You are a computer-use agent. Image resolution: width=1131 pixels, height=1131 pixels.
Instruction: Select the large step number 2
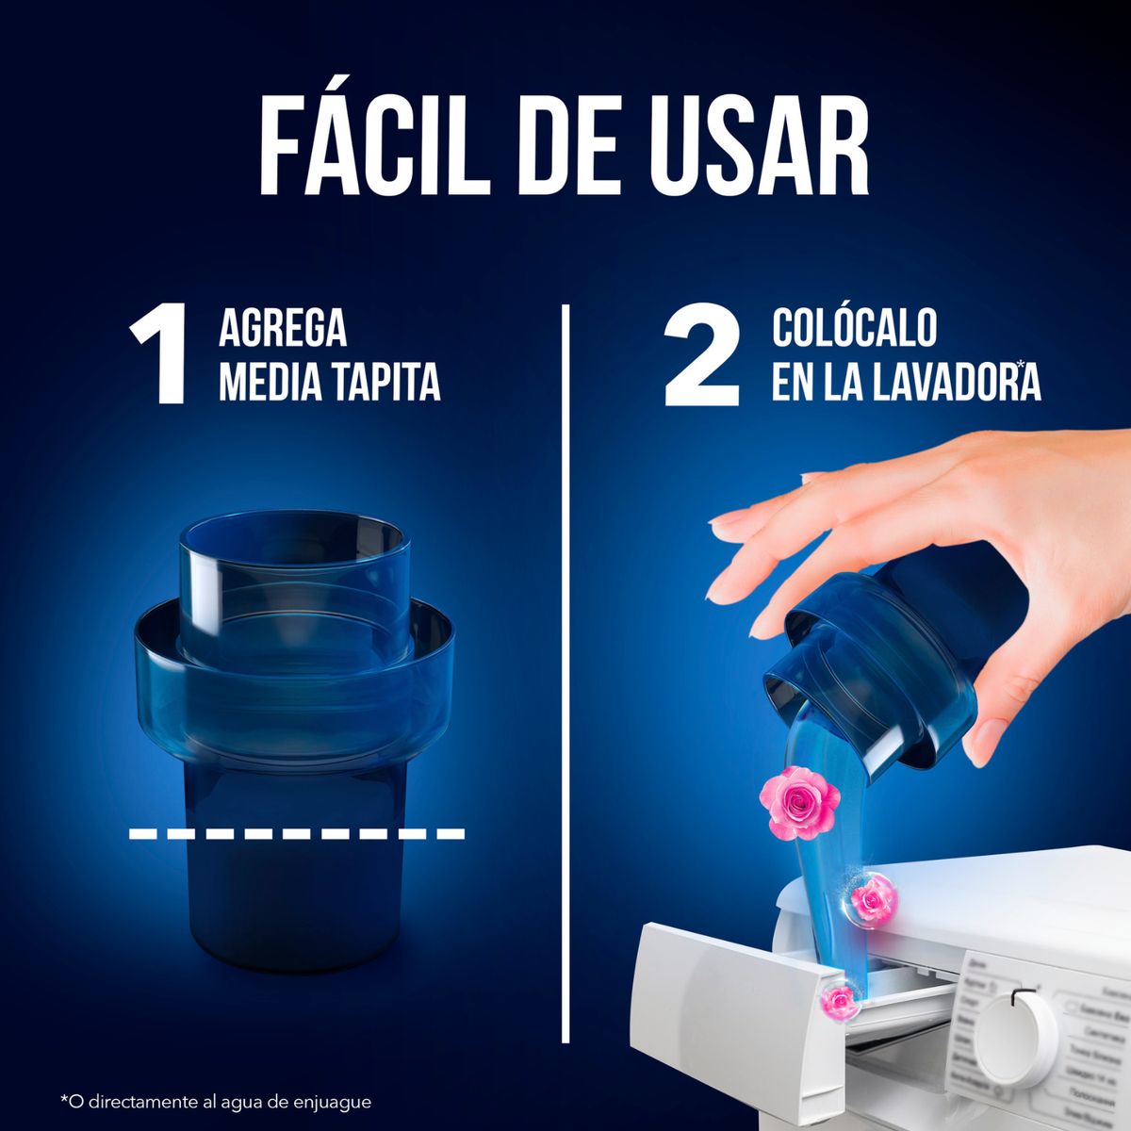[x=703, y=358]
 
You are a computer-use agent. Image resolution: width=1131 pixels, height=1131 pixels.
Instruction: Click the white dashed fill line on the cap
[x=297, y=833]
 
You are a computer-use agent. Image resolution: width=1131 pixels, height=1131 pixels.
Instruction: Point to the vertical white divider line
[x=566, y=660]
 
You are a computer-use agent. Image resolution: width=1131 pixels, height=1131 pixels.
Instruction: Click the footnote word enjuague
[x=330, y=1102]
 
